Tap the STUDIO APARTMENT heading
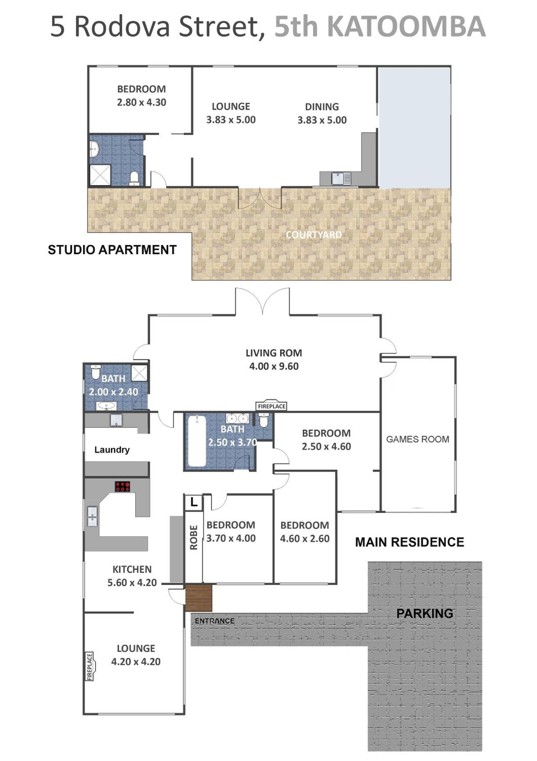[112, 250]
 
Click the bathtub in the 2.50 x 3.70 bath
[197, 441]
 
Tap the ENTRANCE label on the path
[215, 621]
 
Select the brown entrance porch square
[198, 598]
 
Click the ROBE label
[194, 537]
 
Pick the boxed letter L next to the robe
[194, 502]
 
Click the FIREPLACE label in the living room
[271, 406]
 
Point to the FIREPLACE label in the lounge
[89, 666]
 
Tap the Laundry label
[112, 450]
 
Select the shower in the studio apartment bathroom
[100, 175]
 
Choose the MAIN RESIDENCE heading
[410, 542]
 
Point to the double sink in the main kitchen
[92, 516]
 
